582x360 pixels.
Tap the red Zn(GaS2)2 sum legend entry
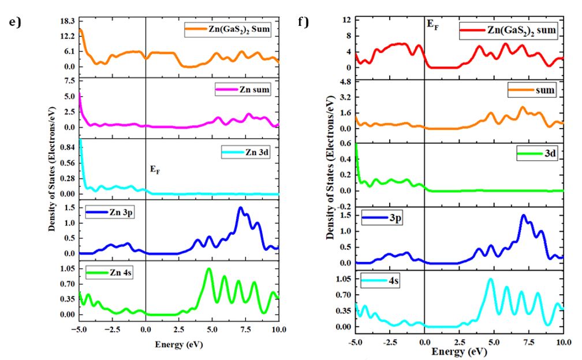pos(508,30)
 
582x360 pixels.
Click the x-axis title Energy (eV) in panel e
pos(178,344)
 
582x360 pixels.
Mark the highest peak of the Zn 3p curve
pos(240,208)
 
